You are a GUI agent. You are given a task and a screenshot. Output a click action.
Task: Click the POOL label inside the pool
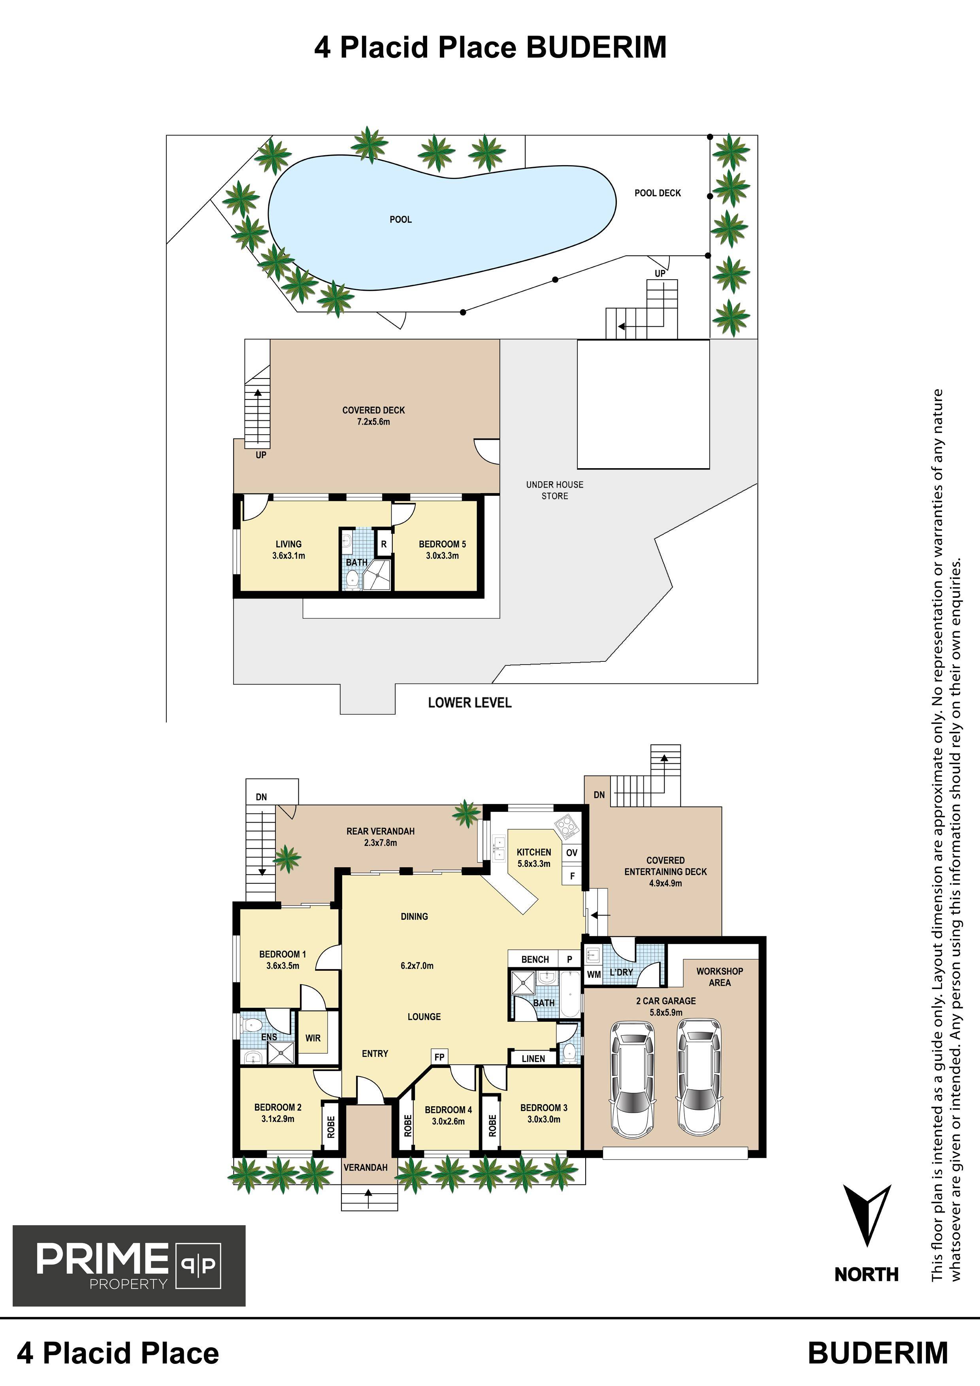tap(400, 219)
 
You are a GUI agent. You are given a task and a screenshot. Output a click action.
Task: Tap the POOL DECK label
tap(658, 193)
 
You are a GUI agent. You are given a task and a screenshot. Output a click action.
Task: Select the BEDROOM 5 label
tap(443, 544)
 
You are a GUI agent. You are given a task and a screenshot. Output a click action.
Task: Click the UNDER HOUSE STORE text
tap(554, 490)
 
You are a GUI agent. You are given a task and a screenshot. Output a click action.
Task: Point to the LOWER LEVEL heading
tap(470, 702)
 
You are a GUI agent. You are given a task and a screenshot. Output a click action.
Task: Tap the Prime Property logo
tap(129, 1265)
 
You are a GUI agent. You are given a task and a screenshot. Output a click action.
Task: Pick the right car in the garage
tap(699, 1075)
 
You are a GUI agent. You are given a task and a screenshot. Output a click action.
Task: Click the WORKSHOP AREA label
tap(720, 977)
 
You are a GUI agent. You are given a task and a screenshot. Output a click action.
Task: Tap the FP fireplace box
tap(439, 1056)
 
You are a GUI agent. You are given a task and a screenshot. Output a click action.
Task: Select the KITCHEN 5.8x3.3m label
tap(534, 858)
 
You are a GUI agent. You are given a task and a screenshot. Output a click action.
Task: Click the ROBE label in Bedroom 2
tap(331, 1127)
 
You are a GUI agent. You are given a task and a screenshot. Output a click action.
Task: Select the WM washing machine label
tap(594, 974)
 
